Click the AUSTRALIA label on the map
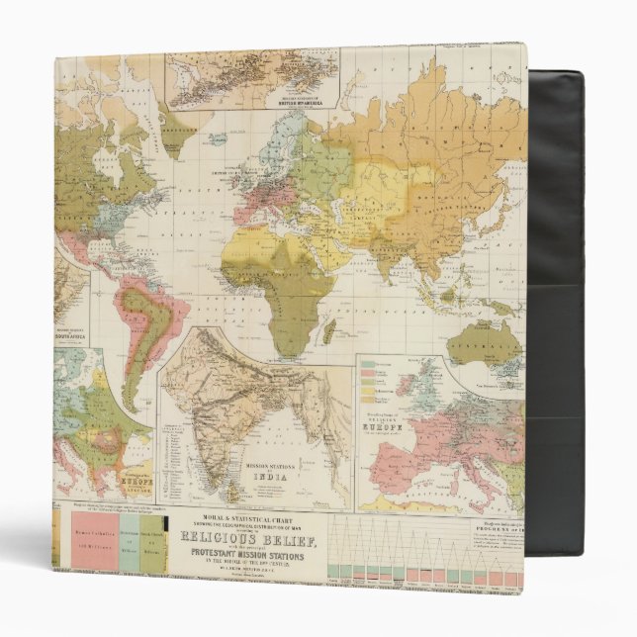click(483, 339)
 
